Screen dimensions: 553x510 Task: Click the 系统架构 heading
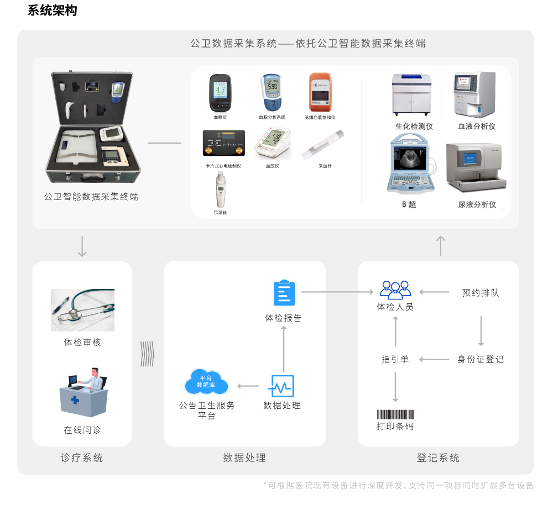[x=52, y=10]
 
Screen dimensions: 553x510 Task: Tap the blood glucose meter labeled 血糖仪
[x=220, y=93]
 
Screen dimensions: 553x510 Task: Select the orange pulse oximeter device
[x=320, y=92]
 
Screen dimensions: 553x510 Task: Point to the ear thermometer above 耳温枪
[x=221, y=190]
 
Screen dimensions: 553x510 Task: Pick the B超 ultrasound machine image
[x=412, y=164]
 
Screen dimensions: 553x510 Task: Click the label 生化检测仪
[x=414, y=126]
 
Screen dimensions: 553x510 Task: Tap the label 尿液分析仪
[x=477, y=204]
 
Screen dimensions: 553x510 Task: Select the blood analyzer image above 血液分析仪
[x=474, y=94]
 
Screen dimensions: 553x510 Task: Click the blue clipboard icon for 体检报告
[x=284, y=292]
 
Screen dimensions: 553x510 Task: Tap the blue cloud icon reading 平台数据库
[x=206, y=382]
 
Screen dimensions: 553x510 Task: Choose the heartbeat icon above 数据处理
[x=281, y=386]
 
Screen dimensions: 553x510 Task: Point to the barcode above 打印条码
[x=395, y=414]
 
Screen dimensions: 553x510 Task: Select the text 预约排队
[x=481, y=292]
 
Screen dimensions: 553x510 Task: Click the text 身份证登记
[x=481, y=359]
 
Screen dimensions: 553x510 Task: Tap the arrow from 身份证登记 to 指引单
[x=434, y=360]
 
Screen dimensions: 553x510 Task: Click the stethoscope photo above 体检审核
[x=82, y=310]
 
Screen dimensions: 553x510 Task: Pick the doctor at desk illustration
[x=84, y=392]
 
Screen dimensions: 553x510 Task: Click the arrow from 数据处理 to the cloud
[x=248, y=386]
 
